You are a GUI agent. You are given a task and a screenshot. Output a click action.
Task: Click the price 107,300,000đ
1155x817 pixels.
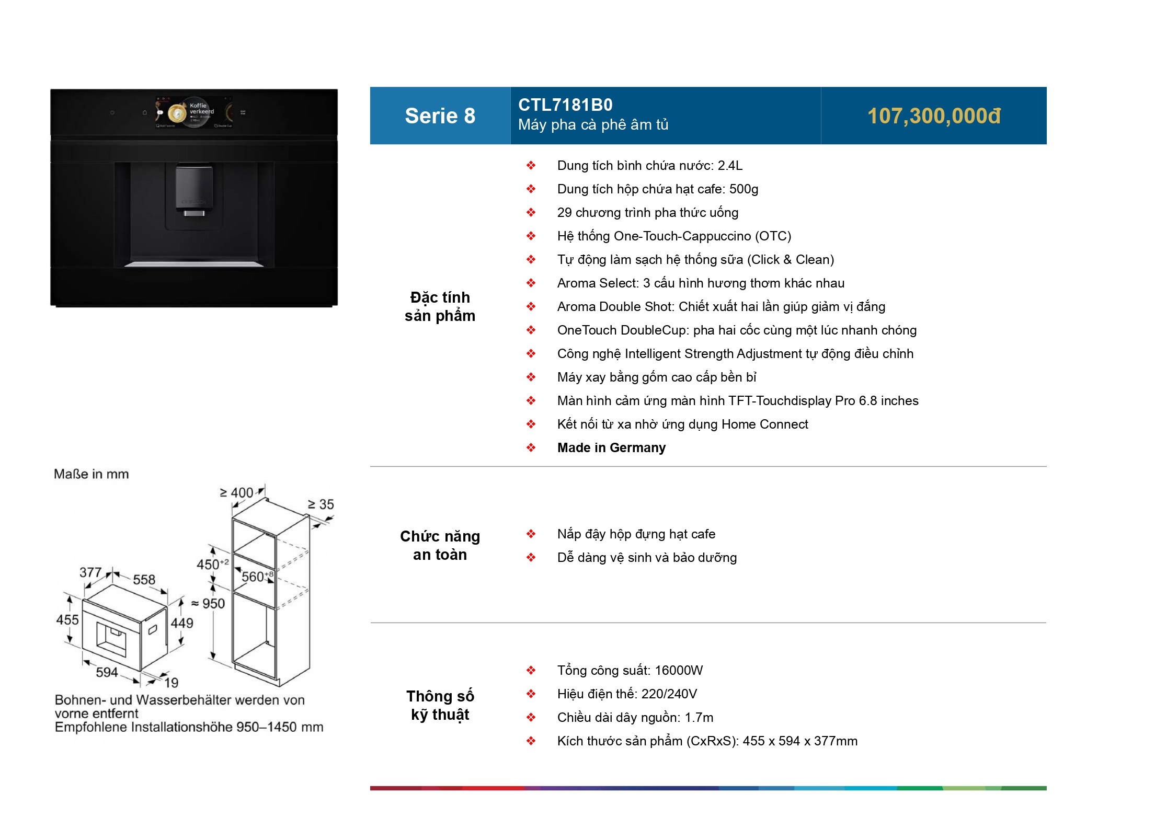(933, 116)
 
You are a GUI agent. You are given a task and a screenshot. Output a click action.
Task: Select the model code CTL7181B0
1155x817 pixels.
(565, 105)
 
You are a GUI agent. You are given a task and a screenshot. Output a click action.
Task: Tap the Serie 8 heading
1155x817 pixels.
(440, 116)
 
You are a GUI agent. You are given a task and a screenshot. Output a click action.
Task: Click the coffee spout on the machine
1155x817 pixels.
(194, 213)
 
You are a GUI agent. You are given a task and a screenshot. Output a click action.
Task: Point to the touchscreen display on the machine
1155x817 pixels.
(194, 112)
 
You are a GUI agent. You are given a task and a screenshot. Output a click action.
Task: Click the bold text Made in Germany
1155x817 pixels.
(611, 448)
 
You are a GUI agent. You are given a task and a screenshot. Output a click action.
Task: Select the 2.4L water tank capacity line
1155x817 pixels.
(649, 166)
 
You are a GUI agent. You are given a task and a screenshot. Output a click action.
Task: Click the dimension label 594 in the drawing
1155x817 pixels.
(107, 672)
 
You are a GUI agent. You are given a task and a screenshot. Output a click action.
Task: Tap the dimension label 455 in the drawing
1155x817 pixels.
(67, 620)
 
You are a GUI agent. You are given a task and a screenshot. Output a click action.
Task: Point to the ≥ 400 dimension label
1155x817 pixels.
(236, 493)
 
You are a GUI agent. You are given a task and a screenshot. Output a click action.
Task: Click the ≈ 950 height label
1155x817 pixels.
(208, 604)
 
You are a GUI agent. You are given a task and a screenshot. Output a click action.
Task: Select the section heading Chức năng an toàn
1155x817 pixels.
(440, 545)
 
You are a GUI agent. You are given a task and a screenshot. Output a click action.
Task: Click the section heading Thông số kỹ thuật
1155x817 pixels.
(440, 705)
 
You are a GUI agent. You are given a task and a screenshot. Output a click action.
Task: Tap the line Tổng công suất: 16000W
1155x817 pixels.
(630, 671)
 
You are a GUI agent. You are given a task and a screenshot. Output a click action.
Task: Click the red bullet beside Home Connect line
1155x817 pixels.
(531, 424)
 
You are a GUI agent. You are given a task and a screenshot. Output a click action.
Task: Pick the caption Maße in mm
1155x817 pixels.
(92, 474)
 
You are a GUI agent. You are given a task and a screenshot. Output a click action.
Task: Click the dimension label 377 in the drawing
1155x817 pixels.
(90, 572)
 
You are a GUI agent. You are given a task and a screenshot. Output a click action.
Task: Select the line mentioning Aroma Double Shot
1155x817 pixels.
(721, 307)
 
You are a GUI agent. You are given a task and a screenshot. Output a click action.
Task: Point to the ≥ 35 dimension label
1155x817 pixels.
(321, 504)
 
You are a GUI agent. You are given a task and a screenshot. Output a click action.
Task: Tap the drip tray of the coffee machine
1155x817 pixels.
(194, 264)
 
